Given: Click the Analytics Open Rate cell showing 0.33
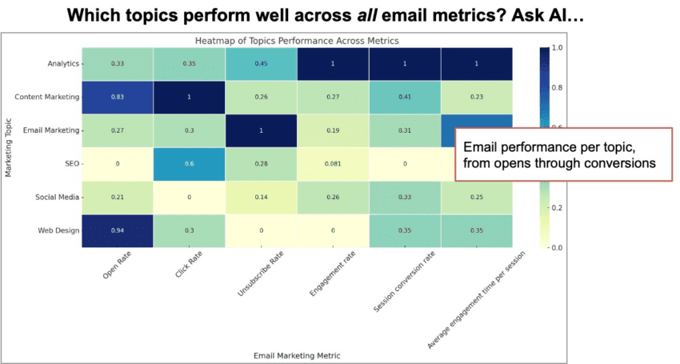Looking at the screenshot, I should [118, 63].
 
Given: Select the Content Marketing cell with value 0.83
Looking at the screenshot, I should [118, 97].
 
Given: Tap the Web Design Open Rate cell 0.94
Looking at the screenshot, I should [118, 231].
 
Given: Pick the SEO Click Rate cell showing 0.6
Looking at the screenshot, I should [190, 164].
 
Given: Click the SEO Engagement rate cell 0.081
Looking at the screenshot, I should [334, 164].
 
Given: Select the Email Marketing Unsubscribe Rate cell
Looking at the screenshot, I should [262, 130].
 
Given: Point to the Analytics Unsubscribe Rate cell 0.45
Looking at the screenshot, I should [262, 63].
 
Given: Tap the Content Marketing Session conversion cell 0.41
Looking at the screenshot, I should [406, 97].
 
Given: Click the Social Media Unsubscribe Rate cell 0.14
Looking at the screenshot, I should [262, 198].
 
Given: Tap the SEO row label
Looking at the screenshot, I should [70, 164].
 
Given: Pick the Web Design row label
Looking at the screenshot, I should [59, 231].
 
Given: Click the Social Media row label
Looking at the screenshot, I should [57, 198].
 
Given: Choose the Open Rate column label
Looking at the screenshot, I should [110, 268].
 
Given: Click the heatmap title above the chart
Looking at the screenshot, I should [297, 40].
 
